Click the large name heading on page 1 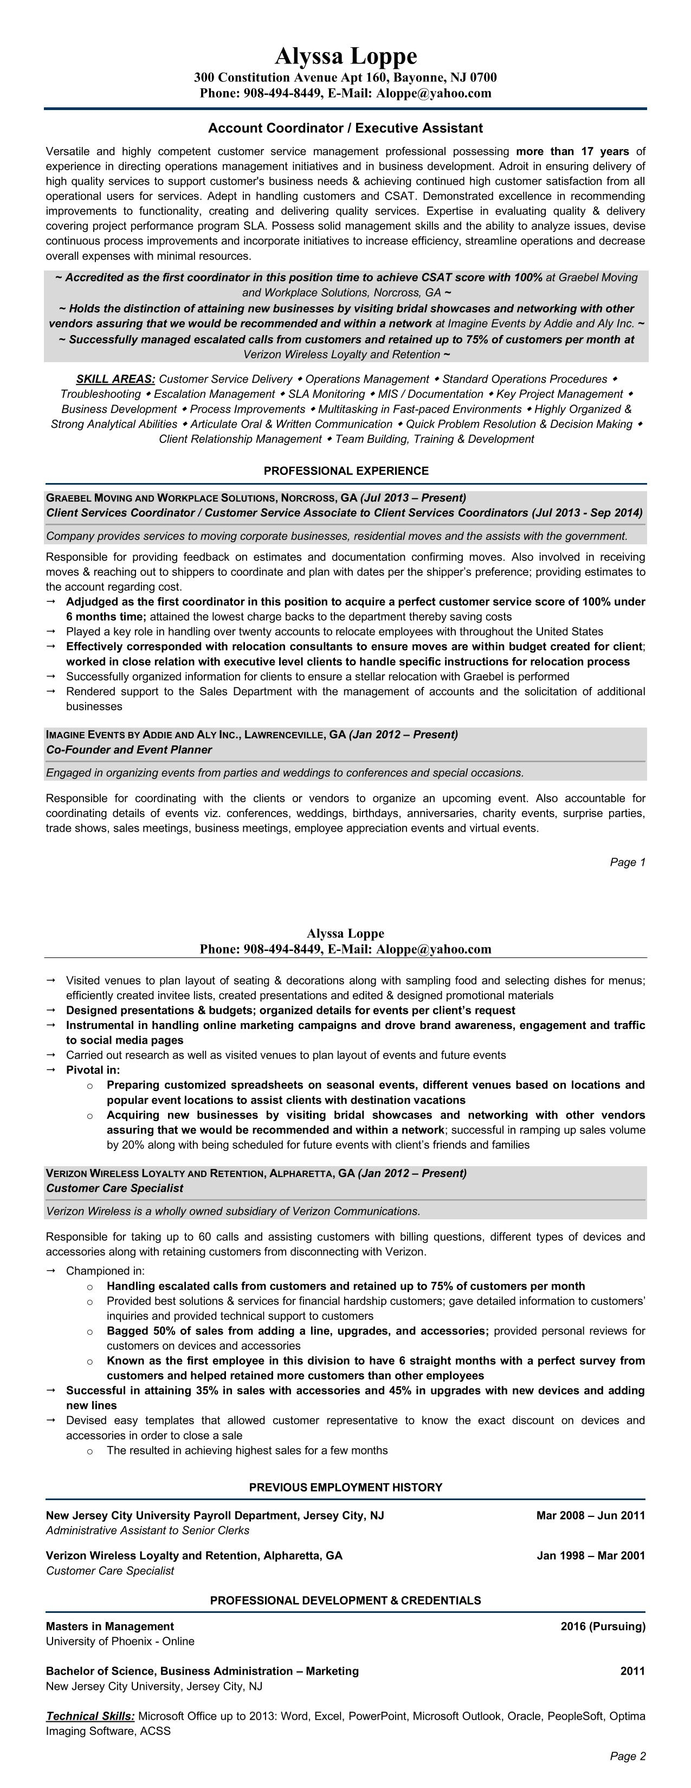(346, 55)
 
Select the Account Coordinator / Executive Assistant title (346, 128)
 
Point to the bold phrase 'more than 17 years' (572, 151)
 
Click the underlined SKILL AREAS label (116, 379)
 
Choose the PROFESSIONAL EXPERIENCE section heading (346, 471)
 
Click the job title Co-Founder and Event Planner (129, 750)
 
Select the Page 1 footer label (627, 862)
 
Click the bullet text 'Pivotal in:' (93, 1070)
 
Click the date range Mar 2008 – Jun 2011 (590, 1515)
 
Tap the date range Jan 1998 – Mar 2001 (590, 1555)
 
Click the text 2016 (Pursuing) (602, 1625)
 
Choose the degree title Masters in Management (109, 1625)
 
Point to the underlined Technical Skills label (90, 1716)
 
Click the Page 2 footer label (627, 1756)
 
